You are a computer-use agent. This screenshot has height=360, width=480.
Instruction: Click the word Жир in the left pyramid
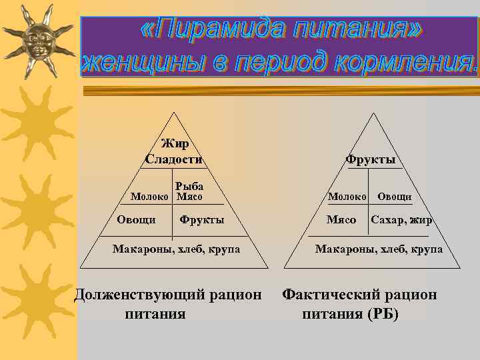[x=175, y=143]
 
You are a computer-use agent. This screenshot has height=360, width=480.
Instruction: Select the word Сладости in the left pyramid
[x=174, y=159]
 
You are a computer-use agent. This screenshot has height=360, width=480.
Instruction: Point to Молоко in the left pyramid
[x=151, y=197]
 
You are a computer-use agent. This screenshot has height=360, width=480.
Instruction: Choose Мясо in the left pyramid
[x=189, y=197]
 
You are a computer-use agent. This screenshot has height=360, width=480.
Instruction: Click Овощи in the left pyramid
[x=136, y=219]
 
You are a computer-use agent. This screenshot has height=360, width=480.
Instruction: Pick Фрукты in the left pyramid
[x=202, y=219]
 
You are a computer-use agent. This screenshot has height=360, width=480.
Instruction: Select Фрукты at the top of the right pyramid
[x=371, y=159]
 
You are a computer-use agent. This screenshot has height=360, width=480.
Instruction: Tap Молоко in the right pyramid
[x=347, y=197]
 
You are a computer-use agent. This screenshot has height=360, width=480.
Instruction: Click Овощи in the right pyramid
[x=395, y=197]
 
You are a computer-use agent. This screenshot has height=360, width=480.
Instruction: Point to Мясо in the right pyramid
[x=341, y=219]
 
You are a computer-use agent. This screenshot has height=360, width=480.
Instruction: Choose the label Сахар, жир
[x=402, y=219]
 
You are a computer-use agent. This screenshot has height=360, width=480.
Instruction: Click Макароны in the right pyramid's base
[x=339, y=249]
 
